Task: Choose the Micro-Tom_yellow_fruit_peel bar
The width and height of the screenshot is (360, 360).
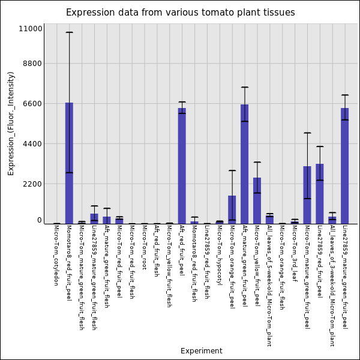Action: [x=257, y=200]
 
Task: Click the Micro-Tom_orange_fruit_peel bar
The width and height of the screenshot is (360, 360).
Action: [x=232, y=209]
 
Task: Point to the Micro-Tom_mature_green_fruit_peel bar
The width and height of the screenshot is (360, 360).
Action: [x=307, y=194]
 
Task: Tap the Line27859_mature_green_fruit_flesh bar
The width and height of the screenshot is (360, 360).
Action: [x=94, y=218]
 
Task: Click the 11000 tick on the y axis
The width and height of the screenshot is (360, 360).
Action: [x=31, y=28]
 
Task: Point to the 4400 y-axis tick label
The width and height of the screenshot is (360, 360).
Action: [x=31, y=144]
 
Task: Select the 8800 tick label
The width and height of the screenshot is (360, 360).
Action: [x=31, y=64]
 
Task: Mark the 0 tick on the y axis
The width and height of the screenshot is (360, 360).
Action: [x=39, y=220]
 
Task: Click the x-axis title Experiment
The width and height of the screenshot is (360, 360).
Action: [x=201, y=351]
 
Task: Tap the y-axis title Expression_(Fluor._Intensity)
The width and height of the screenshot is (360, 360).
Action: [x=11, y=123]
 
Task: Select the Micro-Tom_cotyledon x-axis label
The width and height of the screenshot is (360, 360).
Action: [x=56, y=254]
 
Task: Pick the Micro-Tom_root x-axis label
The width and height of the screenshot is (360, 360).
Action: [x=144, y=247]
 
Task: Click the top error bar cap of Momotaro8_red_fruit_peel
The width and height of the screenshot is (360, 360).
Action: [x=69, y=32]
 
